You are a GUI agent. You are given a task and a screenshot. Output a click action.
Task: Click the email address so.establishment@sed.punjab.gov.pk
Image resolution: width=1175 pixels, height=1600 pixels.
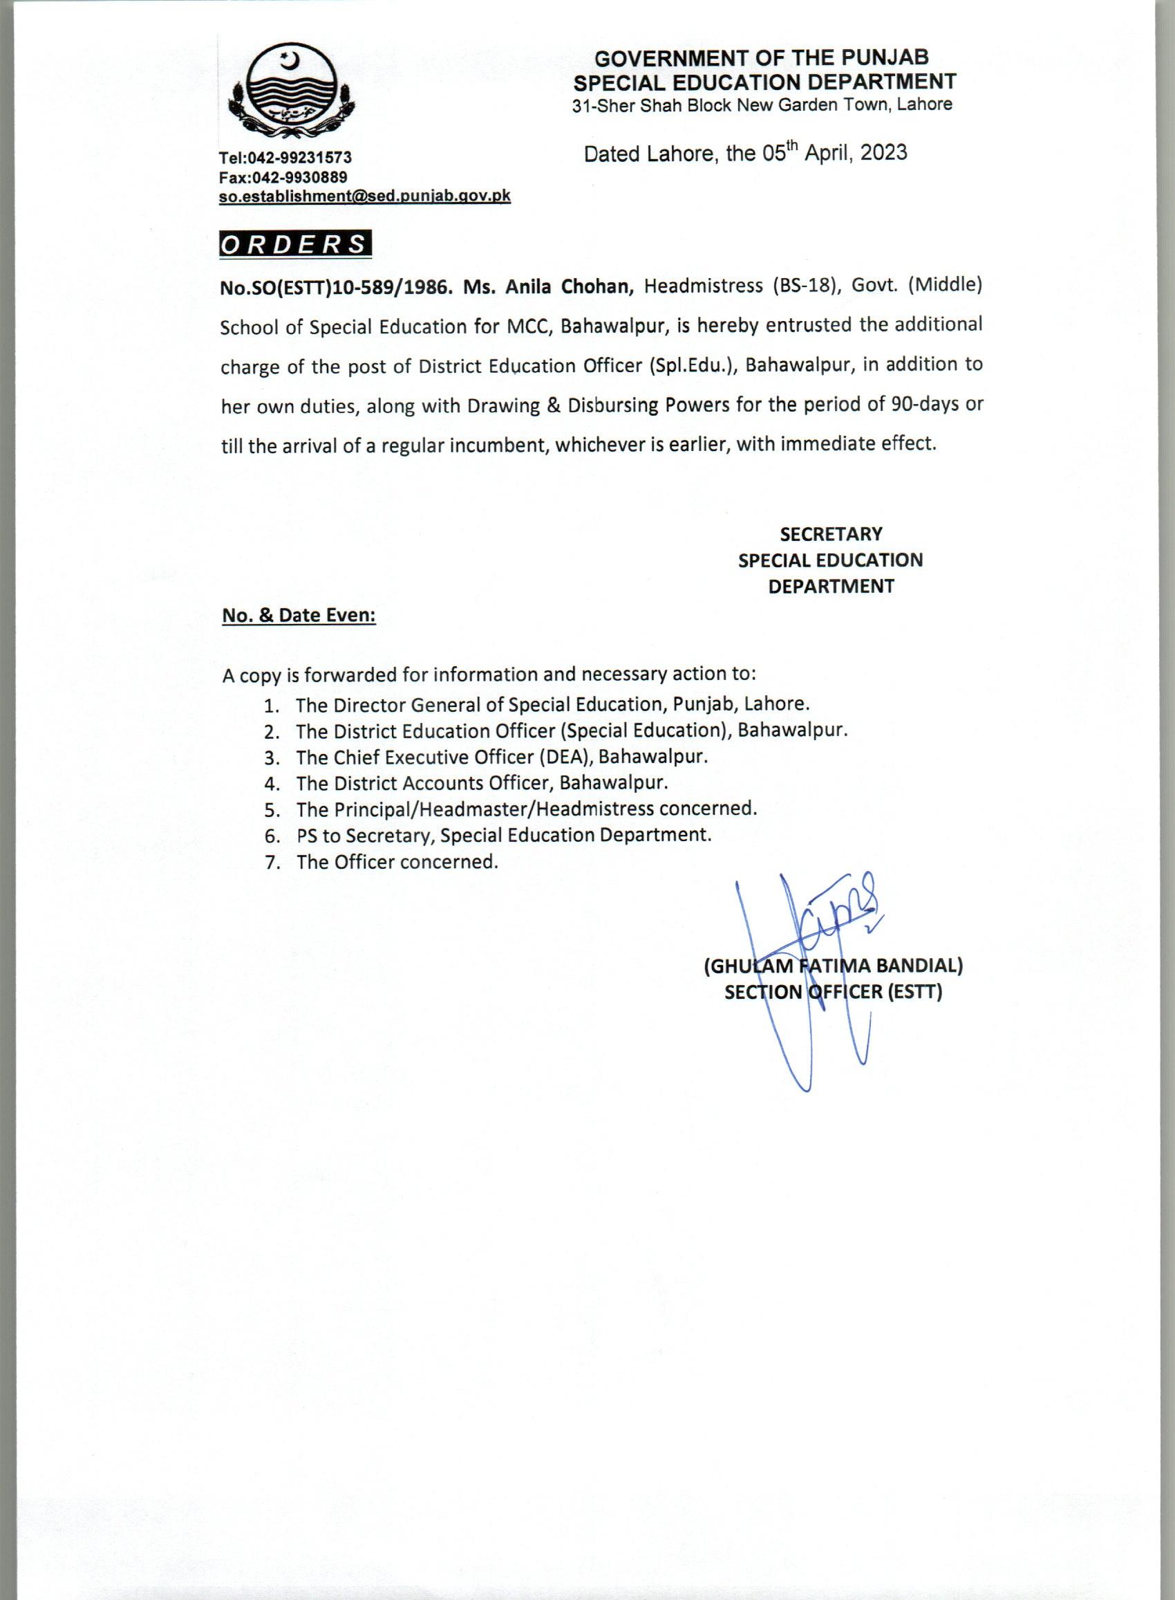tap(365, 196)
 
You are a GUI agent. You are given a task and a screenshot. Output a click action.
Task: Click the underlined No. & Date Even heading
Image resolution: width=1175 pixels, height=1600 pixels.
tap(299, 615)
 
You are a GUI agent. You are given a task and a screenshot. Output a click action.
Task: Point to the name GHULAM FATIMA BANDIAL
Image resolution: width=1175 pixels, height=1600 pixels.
tap(833, 966)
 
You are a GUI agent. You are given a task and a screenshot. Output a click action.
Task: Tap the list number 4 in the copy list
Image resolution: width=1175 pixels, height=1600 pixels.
tap(270, 784)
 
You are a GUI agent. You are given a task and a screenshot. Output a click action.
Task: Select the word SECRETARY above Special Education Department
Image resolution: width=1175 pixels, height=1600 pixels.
tap(831, 534)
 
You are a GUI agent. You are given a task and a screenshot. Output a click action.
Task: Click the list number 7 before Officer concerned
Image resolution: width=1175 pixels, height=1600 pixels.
tap(270, 863)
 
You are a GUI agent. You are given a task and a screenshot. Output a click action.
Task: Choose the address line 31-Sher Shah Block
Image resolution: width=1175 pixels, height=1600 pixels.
tap(762, 104)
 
